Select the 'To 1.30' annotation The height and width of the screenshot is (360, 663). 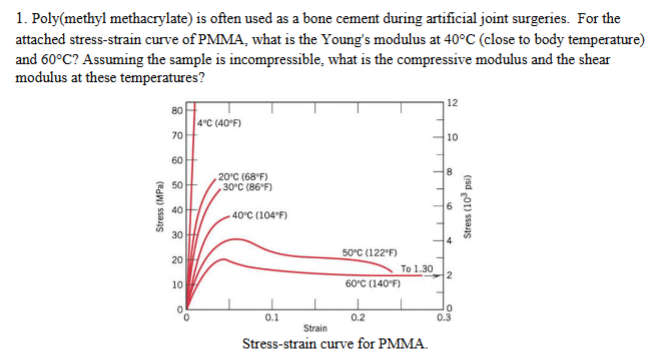click(x=415, y=268)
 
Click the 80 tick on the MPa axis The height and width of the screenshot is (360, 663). click(x=174, y=109)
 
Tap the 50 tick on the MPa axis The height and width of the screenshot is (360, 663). click(x=174, y=186)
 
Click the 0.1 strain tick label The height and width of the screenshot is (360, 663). click(x=271, y=319)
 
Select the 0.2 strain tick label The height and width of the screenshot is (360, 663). click(x=357, y=319)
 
